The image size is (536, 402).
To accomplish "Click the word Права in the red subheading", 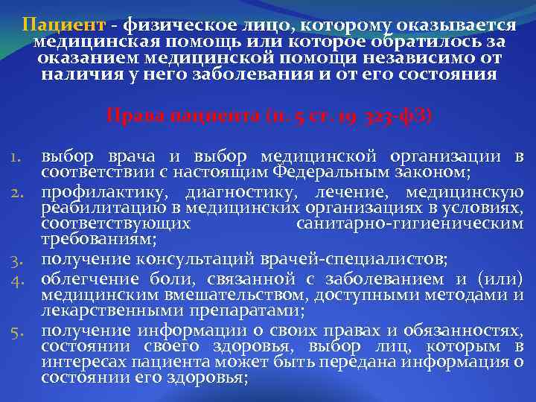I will tap(131, 117).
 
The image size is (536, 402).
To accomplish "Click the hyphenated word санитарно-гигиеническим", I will tap(409, 223).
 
